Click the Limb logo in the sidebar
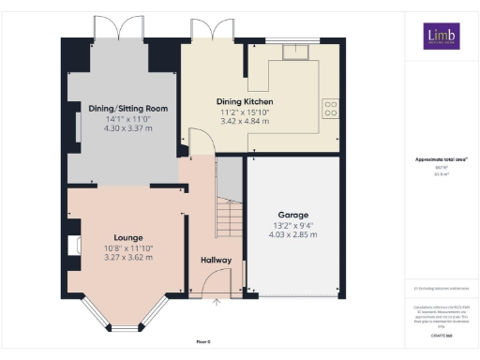[x=441, y=37]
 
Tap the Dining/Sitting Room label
[x=122, y=109]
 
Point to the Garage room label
[x=292, y=215]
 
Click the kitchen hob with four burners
[x=330, y=109]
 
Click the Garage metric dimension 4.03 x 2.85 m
[x=292, y=235]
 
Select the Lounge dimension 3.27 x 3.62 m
[x=128, y=258]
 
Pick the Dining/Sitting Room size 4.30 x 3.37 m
[x=122, y=129]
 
